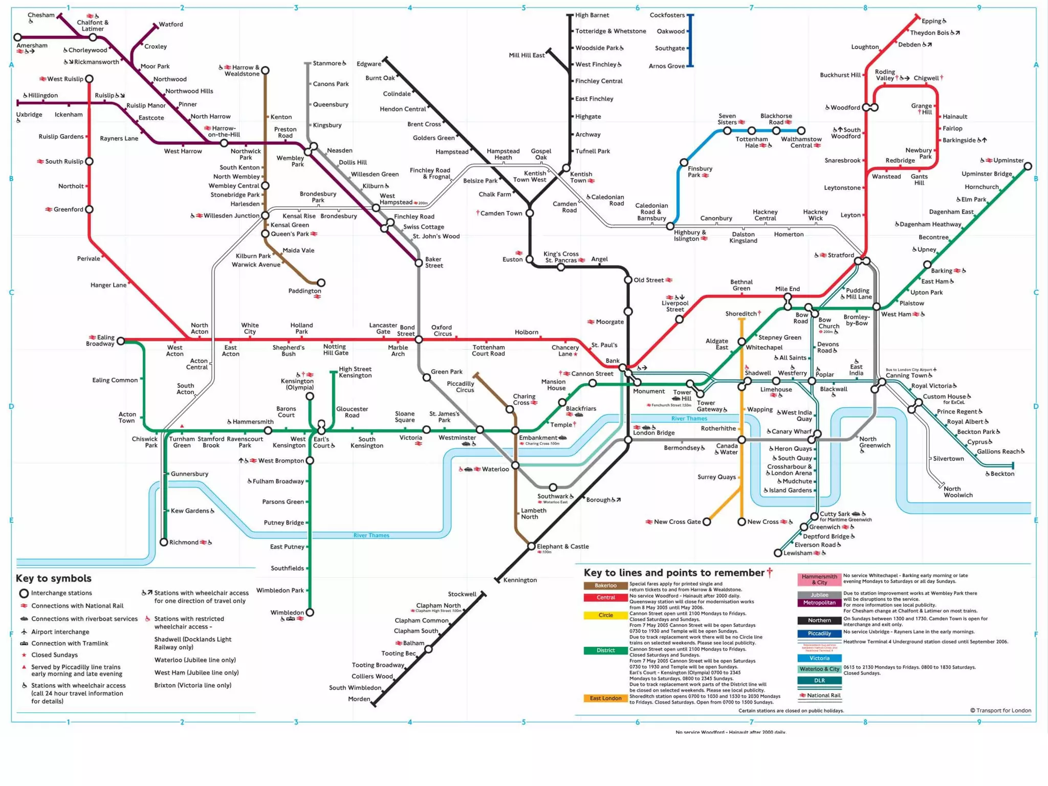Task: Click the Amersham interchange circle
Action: coord(18,37)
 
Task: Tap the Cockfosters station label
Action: coord(667,15)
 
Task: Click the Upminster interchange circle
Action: coord(1028,166)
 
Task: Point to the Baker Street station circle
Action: coord(419,263)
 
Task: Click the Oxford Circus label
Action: coord(442,331)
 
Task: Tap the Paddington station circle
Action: coord(321,282)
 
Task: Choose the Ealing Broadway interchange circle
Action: coord(121,341)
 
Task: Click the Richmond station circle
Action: coord(164,542)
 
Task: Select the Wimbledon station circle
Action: coord(310,613)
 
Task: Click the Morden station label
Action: coord(359,699)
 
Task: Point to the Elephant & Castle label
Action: coord(562,547)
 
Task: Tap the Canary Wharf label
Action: coord(792,431)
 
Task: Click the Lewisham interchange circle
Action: coord(778,553)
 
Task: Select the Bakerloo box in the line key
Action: coord(605,585)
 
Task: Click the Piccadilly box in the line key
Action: coord(819,634)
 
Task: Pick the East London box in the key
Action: coord(605,698)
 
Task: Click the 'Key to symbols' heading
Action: coord(54,578)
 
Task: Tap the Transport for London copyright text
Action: coord(1000,710)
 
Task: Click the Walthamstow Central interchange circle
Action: coord(801,131)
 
